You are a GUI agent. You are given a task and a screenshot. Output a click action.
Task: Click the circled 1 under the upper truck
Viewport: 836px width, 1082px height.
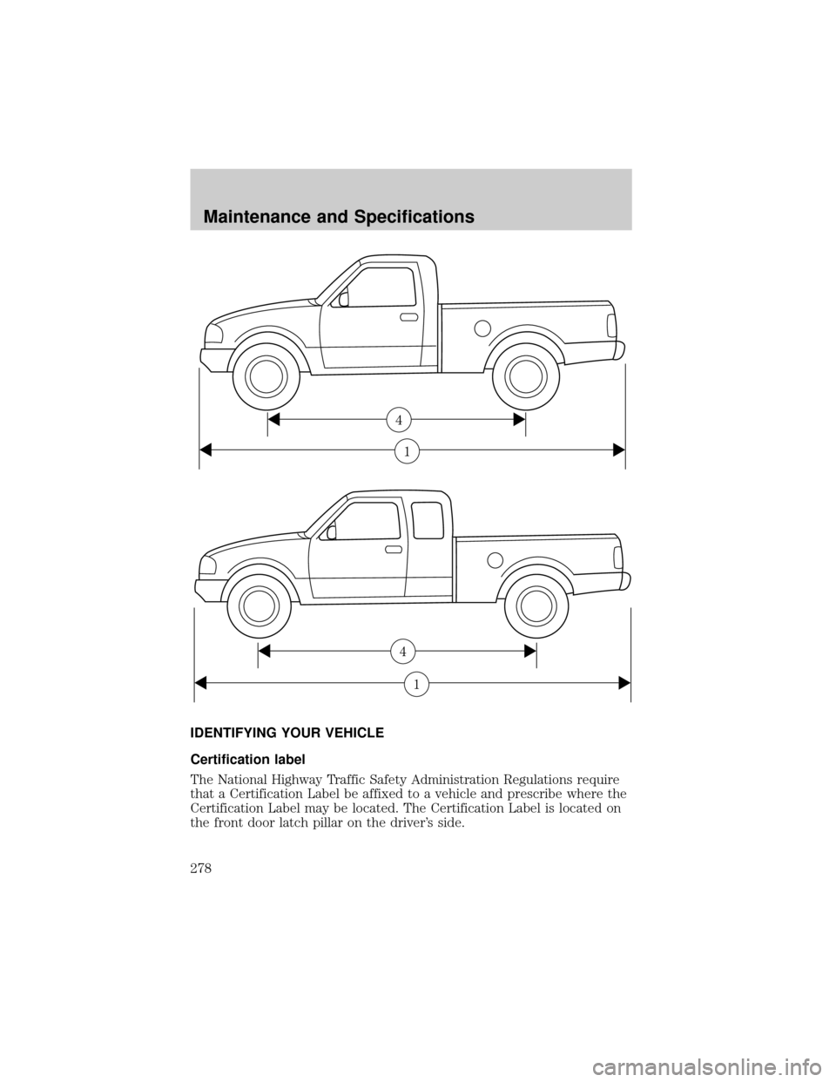[x=407, y=451]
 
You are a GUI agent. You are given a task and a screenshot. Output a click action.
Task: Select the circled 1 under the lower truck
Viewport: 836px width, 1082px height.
[x=416, y=686]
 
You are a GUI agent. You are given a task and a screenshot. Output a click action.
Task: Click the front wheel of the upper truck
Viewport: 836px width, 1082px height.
[x=266, y=376]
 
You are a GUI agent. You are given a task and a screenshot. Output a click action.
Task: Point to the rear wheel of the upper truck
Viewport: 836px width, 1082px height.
[x=526, y=376]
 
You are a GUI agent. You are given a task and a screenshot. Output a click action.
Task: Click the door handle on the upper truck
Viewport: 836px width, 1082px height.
[x=409, y=318]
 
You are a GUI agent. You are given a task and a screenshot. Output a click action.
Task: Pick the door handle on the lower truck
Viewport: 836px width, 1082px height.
[x=394, y=549]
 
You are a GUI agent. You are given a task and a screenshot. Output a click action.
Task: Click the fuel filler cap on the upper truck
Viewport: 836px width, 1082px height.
[x=482, y=328]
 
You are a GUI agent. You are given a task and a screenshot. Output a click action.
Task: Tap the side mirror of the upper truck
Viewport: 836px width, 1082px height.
[x=343, y=299]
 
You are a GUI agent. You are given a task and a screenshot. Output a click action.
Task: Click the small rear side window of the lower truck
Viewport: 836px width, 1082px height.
[x=428, y=520]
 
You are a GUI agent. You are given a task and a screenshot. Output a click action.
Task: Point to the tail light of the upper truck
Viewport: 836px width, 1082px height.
[x=611, y=325]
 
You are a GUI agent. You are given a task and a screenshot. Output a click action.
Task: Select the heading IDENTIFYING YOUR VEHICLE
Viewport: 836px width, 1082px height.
[x=287, y=734]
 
